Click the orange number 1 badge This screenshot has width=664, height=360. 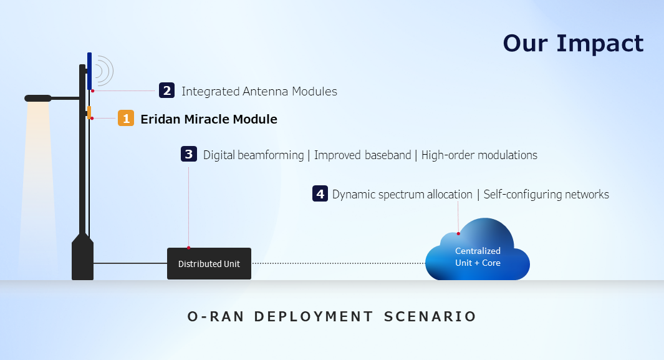[x=126, y=118]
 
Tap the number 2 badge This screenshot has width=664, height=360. [x=167, y=90]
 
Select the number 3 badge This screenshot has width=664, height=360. [x=189, y=153]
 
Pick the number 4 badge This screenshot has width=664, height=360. [x=320, y=193]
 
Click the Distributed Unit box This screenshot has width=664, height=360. [x=209, y=263]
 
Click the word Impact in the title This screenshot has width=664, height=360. [x=600, y=43]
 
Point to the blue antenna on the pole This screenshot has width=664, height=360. [x=89, y=71]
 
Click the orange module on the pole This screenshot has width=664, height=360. [x=89, y=112]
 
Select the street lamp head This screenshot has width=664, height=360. [x=38, y=98]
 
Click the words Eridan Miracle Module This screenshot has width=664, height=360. [x=209, y=119]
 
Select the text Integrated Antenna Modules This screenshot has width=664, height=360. [x=259, y=91]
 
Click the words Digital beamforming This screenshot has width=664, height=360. [x=253, y=155]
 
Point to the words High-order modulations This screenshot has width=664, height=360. [x=479, y=155]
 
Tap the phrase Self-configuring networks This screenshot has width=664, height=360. [x=546, y=195]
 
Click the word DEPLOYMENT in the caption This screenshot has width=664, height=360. [x=314, y=316]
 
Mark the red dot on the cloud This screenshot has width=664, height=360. [x=458, y=233]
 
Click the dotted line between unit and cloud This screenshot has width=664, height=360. [x=339, y=263]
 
